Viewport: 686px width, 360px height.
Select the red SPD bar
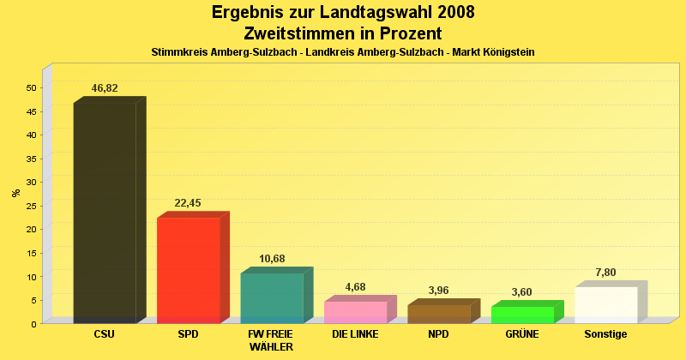click(188, 270)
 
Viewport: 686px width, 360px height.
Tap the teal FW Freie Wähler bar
click(272, 297)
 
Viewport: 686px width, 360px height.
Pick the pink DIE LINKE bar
click(355, 312)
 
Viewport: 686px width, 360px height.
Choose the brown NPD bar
click(438, 314)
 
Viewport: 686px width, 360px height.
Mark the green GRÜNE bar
click(522, 315)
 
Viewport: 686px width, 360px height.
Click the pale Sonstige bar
click(605, 305)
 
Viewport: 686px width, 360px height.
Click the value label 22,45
click(188, 203)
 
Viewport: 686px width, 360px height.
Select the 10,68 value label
click(272, 259)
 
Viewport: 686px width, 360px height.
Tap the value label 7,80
click(605, 273)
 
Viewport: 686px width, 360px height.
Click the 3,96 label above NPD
click(438, 291)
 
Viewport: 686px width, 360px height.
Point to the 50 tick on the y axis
click(31, 87)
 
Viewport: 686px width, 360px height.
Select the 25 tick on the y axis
click(31, 206)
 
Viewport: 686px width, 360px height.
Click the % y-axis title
click(16, 193)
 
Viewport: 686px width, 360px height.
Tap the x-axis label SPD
click(188, 334)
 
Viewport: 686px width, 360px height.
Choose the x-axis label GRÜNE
click(522, 334)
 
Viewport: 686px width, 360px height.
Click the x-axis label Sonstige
click(605, 334)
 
